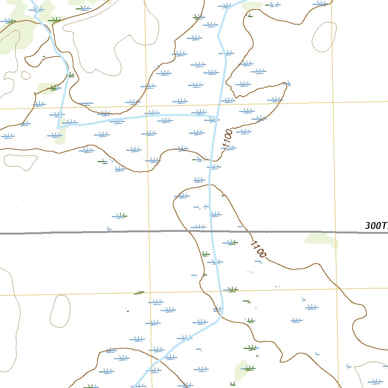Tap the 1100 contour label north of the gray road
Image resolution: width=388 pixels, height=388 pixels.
pos(228,139)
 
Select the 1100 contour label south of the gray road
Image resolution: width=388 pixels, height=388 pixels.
pos(258,249)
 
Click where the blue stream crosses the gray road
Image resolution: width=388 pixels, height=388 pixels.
pos(211,231)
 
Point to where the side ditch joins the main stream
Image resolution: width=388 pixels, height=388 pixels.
pos(216,117)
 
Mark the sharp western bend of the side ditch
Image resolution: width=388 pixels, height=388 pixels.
pos(58,128)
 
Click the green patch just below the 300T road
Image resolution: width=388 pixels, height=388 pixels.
pos(321,240)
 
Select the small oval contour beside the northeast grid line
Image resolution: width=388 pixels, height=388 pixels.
pos(324,37)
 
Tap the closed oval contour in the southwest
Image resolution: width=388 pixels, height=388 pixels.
pos(60,311)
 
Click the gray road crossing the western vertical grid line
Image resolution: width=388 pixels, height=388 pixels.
pos(149,232)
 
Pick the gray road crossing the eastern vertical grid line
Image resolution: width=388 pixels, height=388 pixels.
pos(335,232)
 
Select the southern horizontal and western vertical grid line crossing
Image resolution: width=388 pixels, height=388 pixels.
pos(150,293)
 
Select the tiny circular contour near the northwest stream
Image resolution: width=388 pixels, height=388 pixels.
pos(26,75)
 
